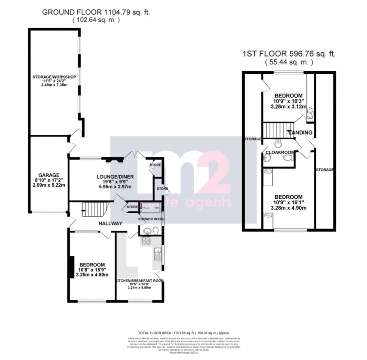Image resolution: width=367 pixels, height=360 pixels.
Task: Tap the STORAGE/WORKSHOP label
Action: pyautogui.click(x=54, y=77)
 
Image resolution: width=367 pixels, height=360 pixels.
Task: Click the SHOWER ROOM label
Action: pyautogui.click(x=151, y=219)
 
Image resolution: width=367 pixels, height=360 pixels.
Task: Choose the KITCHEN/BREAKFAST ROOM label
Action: pyautogui.click(x=140, y=281)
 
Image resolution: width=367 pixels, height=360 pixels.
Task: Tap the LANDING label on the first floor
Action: pyautogui.click(x=300, y=133)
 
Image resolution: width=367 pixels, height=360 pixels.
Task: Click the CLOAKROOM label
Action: pyautogui.click(x=280, y=152)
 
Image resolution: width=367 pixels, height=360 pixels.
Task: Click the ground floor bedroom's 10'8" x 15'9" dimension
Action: pyautogui.click(x=91, y=269)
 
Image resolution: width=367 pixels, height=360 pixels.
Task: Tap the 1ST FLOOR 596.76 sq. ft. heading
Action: pyautogui.click(x=288, y=54)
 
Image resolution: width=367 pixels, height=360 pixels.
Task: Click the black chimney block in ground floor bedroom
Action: pyautogui.click(x=72, y=268)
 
